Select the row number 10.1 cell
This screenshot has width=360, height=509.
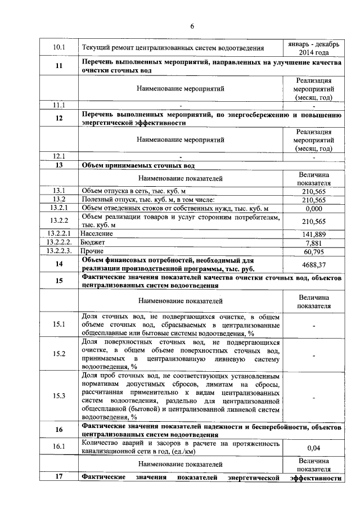point(59,47)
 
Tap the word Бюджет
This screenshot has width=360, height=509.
point(94,242)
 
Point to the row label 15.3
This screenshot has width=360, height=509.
point(59,395)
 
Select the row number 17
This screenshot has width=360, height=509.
point(59,478)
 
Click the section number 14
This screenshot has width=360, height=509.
point(59,264)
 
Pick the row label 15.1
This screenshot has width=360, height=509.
point(59,325)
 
